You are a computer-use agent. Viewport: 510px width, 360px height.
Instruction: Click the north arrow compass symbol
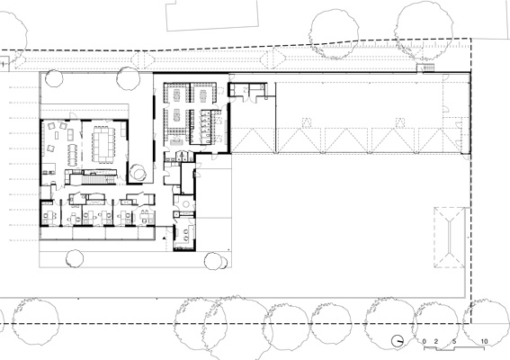[x=398, y=341]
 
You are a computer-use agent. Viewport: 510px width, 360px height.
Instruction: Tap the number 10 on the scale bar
[x=484, y=341]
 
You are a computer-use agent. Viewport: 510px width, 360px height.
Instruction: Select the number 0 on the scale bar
[x=425, y=341]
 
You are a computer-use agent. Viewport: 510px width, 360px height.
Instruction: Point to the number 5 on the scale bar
[x=454, y=341]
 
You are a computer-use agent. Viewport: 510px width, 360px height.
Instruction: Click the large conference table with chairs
[x=103, y=144]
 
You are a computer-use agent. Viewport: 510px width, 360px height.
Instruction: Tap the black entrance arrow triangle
[x=165, y=238]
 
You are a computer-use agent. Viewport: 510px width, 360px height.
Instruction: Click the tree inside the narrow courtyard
[x=139, y=172]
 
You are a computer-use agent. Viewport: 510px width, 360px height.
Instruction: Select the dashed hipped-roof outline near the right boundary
[x=450, y=238]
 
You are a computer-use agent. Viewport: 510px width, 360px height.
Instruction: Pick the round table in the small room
[x=185, y=204]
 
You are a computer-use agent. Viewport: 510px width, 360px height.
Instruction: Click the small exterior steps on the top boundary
[x=425, y=67]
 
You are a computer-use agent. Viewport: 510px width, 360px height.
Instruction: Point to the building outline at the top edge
[x=212, y=15]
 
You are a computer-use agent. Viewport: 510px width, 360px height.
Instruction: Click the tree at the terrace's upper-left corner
[x=54, y=78]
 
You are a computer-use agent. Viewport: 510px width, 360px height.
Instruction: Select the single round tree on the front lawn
[x=75, y=259]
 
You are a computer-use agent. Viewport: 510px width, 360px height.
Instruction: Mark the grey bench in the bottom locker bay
[x=176, y=142]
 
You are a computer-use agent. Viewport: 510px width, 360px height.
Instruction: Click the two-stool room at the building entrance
[x=184, y=235]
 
